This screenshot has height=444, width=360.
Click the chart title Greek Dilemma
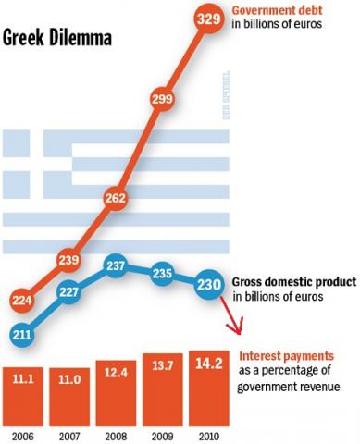click(57, 39)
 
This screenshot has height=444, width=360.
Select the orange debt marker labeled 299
click(163, 101)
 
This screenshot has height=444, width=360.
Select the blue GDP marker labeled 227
click(69, 290)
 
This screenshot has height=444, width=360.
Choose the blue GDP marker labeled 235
click(163, 273)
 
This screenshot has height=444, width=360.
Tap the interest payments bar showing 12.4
click(117, 387)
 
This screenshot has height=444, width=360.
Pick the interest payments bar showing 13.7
click(163, 385)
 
